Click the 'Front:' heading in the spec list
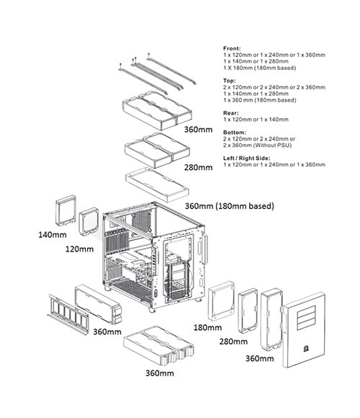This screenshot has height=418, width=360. [x=232, y=48]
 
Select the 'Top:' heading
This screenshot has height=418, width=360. [x=229, y=81]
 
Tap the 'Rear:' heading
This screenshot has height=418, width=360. [x=231, y=113]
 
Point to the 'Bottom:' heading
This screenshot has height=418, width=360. [x=235, y=132]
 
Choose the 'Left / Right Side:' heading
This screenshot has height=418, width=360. [x=246, y=158]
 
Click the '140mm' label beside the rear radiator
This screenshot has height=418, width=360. [x=53, y=235]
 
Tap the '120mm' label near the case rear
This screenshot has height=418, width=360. [x=79, y=249]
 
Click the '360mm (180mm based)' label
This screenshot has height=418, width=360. [x=229, y=206]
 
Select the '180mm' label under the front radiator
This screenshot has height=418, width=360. [x=207, y=327]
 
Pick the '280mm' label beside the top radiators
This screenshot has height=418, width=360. [x=199, y=168]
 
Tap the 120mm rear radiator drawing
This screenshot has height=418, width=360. [x=89, y=221]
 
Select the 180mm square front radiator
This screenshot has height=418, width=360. [x=221, y=301]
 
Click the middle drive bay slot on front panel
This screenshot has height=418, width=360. [x=306, y=318]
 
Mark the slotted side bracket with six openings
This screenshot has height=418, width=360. [x=68, y=314]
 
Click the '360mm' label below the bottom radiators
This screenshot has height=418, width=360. [x=160, y=373]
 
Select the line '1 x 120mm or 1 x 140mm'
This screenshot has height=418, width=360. [x=256, y=120]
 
